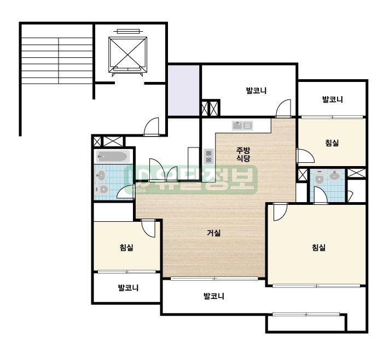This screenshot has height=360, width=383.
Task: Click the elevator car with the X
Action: tap(127, 55)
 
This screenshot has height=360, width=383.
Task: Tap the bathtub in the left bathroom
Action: tap(113, 156)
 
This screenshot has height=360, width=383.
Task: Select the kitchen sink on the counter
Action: tap(242, 126)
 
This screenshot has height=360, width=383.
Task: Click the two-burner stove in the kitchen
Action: tap(208, 156)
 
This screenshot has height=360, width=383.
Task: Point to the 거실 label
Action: tap(214, 233)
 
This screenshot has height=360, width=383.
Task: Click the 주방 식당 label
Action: tap(243, 155)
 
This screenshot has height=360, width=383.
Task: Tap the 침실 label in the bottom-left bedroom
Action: tap(126, 247)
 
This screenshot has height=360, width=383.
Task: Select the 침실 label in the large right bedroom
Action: tap(319, 247)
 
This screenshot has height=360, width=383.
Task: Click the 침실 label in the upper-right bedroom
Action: tap(332, 143)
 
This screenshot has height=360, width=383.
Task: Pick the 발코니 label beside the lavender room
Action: tap(256, 91)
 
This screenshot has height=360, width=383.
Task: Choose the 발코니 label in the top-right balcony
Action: tap(333, 99)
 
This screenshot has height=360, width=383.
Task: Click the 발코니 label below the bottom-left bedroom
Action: tap(128, 288)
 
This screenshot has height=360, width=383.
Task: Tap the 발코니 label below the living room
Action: tap(214, 296)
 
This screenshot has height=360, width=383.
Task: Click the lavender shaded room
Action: tap(183, 90)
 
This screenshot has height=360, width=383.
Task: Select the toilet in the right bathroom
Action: tap(319, 177)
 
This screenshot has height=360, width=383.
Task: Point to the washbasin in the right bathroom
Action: tap(335, 175)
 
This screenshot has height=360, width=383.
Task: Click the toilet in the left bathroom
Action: tap(102, 189)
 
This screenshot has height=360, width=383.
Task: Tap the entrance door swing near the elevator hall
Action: tap(152, 126)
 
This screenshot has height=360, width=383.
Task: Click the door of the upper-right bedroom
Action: tap(305, 156)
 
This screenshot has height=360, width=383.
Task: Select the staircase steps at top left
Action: tap(57, 61)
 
